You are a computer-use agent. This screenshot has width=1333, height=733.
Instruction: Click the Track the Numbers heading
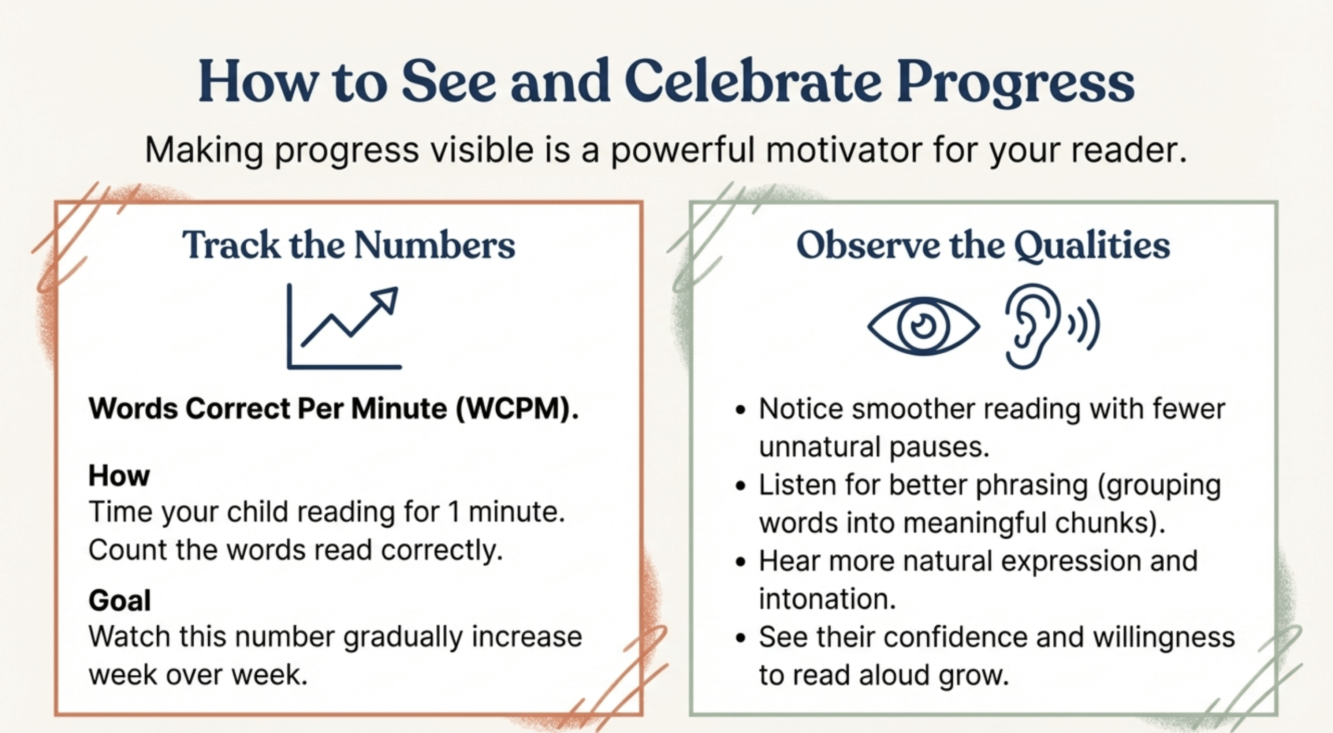pos(348,245)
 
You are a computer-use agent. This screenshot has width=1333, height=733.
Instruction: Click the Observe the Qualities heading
pos(983,245)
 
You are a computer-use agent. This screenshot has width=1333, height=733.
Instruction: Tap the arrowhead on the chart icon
pos(386,300)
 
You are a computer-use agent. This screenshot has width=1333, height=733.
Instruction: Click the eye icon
pos(923,327)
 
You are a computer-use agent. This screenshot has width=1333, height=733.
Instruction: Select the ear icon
pos(1032,326)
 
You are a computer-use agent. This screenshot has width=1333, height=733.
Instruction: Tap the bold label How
pos(119,476)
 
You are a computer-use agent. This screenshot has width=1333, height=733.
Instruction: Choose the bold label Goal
pos(120,600)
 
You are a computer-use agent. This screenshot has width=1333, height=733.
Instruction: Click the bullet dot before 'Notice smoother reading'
pos(740,410)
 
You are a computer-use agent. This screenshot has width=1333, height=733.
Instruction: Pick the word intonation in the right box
pos(827,599)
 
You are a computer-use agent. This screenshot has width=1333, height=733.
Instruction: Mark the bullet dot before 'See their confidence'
pos(740,638)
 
